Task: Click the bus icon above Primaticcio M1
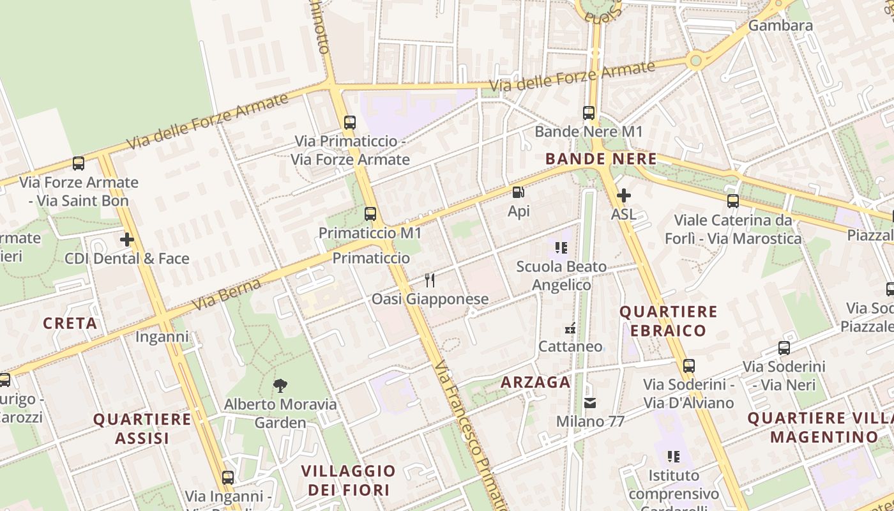(370, 214)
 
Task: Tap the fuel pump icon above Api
(519, 192)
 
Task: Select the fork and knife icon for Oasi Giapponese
(430, 280)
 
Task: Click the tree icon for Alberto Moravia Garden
(280, 385)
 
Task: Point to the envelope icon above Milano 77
(589, 403)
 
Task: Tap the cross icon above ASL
(624, 195)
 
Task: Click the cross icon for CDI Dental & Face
(127, 240)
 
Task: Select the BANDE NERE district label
(601, 159)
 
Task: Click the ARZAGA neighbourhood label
(535, 382)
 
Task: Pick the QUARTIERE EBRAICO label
(669, 321)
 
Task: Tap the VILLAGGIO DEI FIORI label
(348, 480)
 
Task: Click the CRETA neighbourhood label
(70, 323)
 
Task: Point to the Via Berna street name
(227, 294)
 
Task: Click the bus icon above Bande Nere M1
(589, 113)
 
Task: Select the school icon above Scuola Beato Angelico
(561, 248)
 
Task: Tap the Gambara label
(780, 26)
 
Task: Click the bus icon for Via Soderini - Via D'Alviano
(688, 366)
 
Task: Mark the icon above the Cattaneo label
(570, 328)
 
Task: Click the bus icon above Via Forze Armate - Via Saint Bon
(79, 164)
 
